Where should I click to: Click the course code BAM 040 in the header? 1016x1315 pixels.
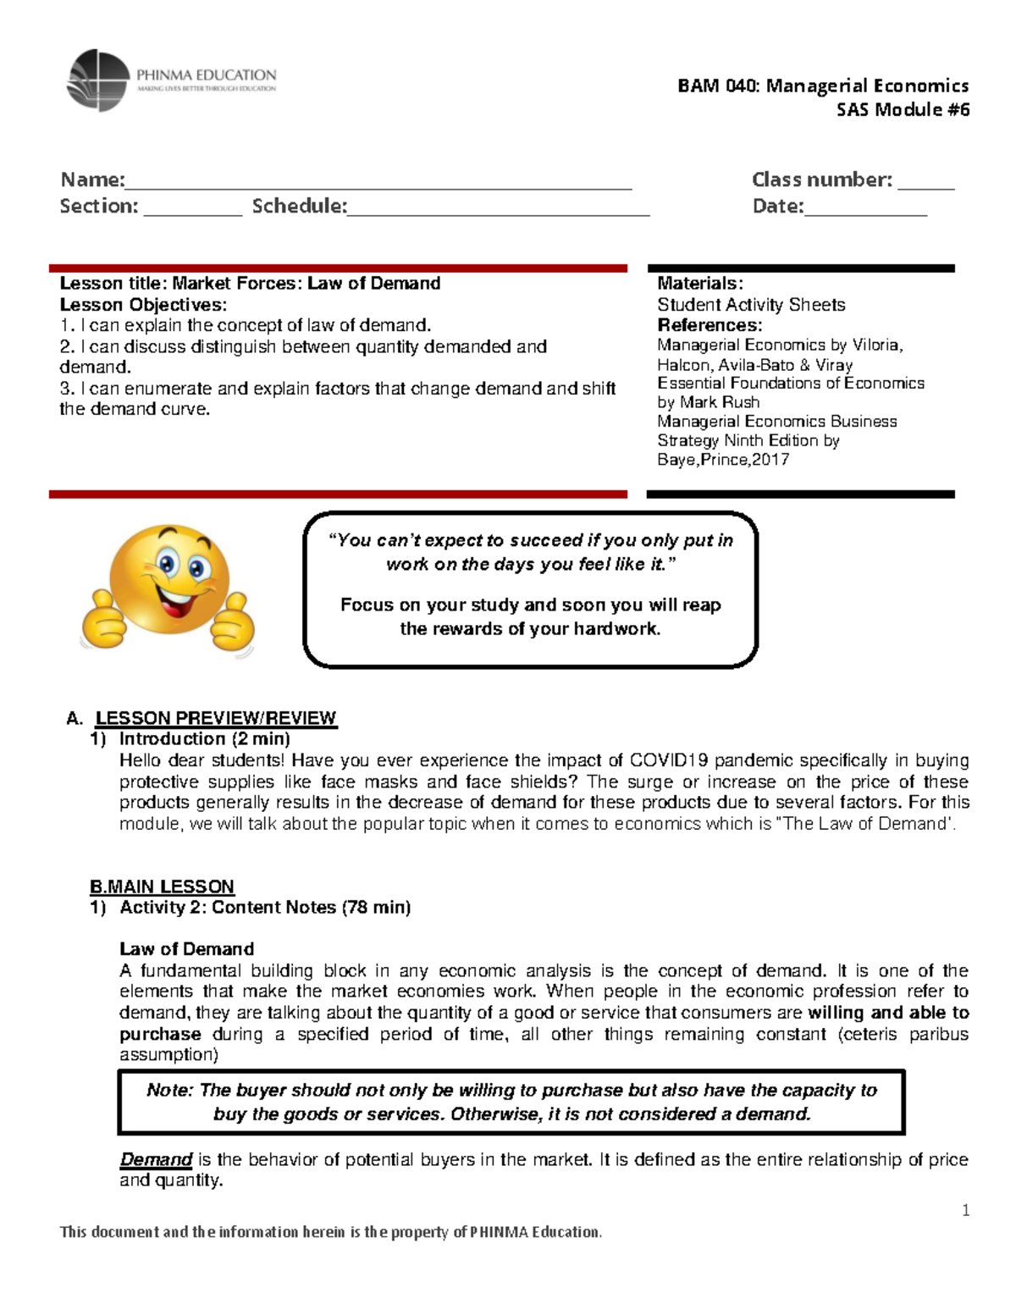719,86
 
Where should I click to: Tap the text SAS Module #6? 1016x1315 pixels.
903,109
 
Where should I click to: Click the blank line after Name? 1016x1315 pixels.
378,183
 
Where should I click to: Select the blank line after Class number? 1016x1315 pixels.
925,183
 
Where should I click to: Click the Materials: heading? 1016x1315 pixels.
700,284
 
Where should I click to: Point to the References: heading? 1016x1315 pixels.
710,325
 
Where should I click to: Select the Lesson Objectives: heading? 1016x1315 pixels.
143,305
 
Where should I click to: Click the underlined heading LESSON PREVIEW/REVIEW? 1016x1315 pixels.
216,718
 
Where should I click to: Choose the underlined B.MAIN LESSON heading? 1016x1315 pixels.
162,887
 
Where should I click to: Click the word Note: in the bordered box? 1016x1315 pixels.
170,1091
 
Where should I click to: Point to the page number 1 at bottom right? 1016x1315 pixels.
965,1211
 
